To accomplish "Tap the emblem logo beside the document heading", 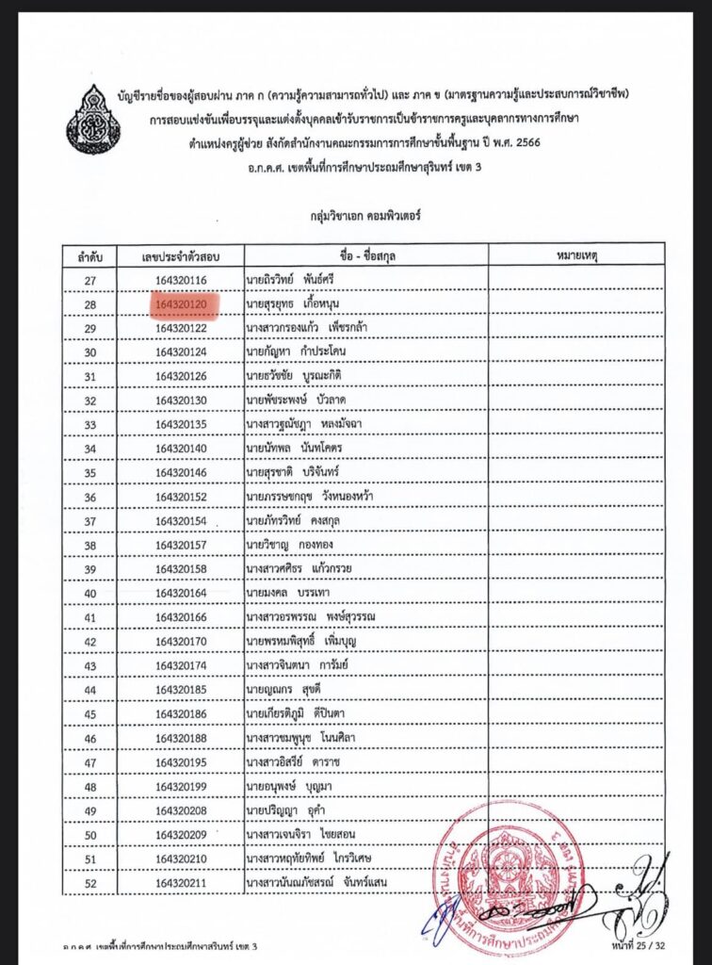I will (x=92, y=120).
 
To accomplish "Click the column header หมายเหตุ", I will (x=576, y=255).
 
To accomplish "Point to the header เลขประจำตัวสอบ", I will (x=186, y=255).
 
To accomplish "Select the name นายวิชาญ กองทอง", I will (x=296, y=545).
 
